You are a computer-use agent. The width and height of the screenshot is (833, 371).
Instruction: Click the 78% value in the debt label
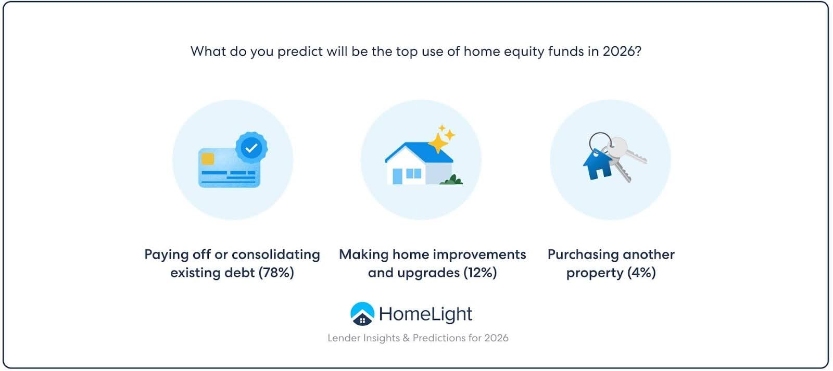(x=276, y=273)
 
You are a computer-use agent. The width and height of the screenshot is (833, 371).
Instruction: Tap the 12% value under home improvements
(x=480, y=273)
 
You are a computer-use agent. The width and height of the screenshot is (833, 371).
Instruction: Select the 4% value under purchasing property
(x=641, y=273)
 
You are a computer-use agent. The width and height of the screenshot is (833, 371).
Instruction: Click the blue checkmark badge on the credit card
(x=251, y=148)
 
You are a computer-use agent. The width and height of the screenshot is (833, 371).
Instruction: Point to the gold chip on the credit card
(x=208, y=159)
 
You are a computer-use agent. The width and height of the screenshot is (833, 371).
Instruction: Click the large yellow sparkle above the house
(x=438, y=143)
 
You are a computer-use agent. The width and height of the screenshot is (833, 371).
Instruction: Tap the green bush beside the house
(x=451, y=180)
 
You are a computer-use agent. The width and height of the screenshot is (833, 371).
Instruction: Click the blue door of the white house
(x=397, y=176)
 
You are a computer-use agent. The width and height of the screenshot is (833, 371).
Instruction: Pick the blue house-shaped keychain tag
(x=597, y=164)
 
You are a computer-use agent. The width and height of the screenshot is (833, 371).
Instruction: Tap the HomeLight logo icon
(x=362, y=314)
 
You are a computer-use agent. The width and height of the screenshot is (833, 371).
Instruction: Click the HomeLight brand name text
(x=425, y=314)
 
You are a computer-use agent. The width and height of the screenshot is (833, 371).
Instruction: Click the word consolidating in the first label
(x=275, y=255)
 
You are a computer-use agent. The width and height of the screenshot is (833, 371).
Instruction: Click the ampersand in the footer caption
(x=406, y=338)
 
